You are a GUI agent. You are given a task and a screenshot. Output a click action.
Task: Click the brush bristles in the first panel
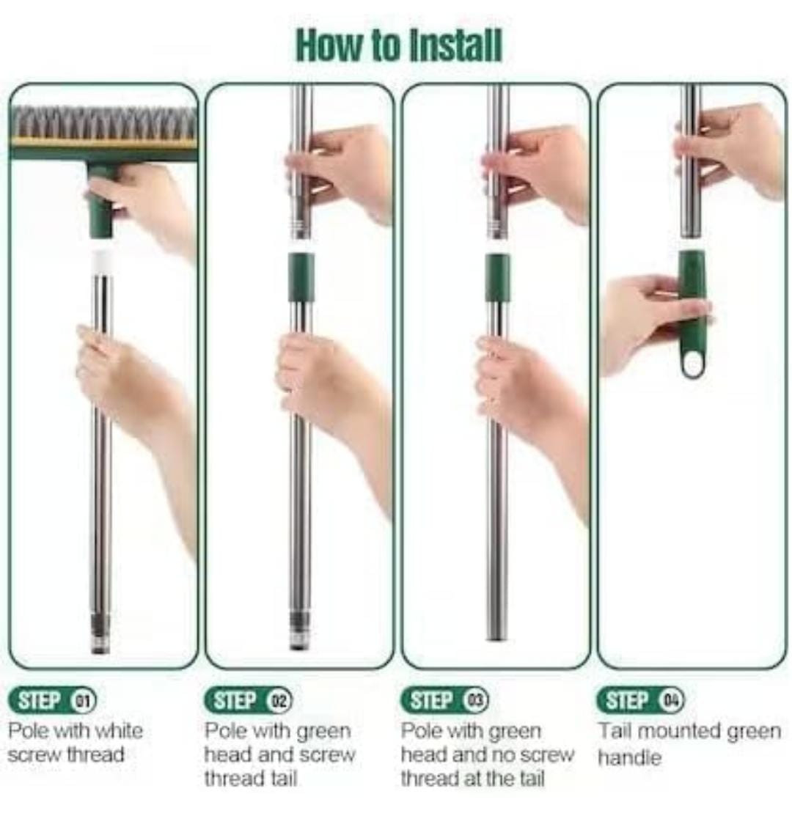103,123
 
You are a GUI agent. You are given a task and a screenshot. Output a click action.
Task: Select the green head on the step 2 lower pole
301,277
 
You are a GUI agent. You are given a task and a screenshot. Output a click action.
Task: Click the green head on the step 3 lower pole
497,277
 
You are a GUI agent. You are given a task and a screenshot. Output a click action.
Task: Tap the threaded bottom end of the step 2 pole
300,631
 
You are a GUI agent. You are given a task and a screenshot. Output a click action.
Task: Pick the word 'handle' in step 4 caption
629,757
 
